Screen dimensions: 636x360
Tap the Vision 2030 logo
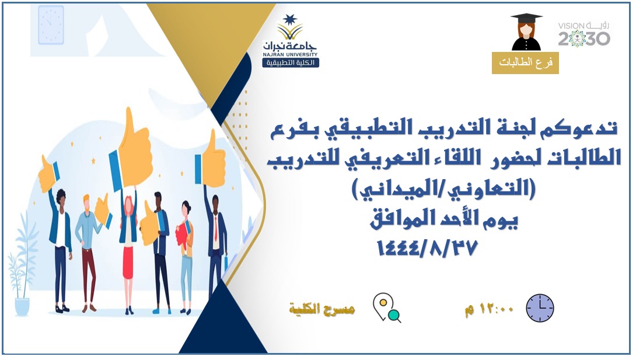[584, 34]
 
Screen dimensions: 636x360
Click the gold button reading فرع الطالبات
[525, 63]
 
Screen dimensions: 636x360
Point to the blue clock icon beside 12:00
[540, 308]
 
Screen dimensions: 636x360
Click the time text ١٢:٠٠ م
[489, 309]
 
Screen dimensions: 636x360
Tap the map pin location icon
[386, 307]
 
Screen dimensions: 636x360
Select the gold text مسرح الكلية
[322, 309]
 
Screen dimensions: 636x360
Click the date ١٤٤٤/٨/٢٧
[428, 248]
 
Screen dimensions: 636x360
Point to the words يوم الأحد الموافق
[443, 219]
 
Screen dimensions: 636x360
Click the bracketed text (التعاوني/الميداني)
[443, 189]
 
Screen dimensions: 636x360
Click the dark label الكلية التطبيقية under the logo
[291, 63]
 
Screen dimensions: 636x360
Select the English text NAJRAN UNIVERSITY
[290, 54]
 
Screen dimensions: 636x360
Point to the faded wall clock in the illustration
[51, 25]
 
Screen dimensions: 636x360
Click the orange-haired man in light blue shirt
[88, 252]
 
